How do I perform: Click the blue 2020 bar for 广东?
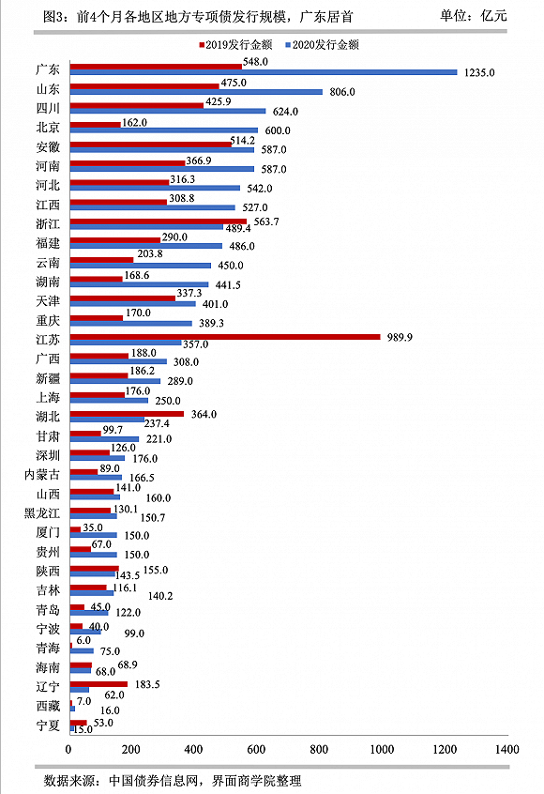click(x=264, y=72)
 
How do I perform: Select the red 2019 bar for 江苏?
click(x=225, y=337)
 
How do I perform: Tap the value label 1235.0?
click(x=479, y=73)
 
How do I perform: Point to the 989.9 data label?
click(x=400, y=337)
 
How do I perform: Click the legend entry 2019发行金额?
click(x=235, y=45)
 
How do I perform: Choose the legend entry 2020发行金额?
click(x=323, y=45)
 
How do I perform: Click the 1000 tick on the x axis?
click(x=382, y=750)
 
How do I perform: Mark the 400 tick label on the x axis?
click(x=194, y=750)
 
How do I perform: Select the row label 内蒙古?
click(x=42, y=475)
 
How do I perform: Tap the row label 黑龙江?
click(x=42, y=513)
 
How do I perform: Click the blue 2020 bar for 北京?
click(x=164, y=130)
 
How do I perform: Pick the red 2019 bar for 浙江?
click(x=159, y=221)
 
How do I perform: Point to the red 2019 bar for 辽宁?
click(x=98, y=684)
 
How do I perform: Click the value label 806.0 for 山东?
click(x=342, y=92)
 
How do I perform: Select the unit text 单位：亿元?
click(x=473, y=16)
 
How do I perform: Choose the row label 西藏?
click(x=48, y=706)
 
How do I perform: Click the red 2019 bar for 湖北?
click(x=127, y=414)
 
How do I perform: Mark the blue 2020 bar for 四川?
click(x=168, y=111)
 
